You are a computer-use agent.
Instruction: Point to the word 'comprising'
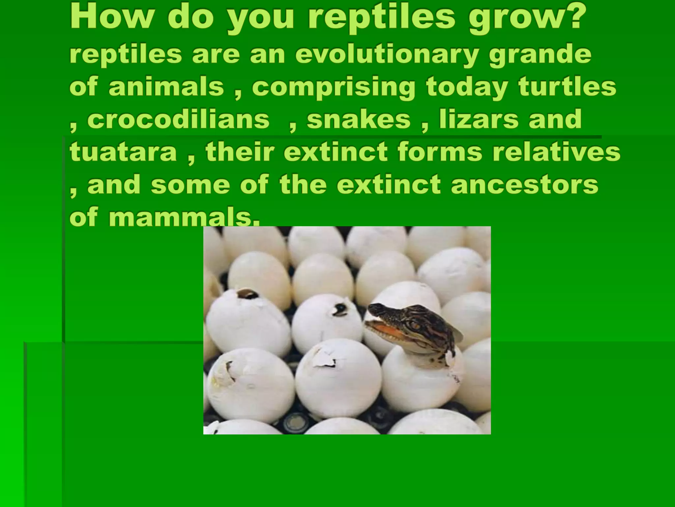tap(334, 88)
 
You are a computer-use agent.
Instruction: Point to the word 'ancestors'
tap(524, 185)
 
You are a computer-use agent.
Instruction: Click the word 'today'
tap(466, 87)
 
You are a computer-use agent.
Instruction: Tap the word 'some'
tap(190, 185)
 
